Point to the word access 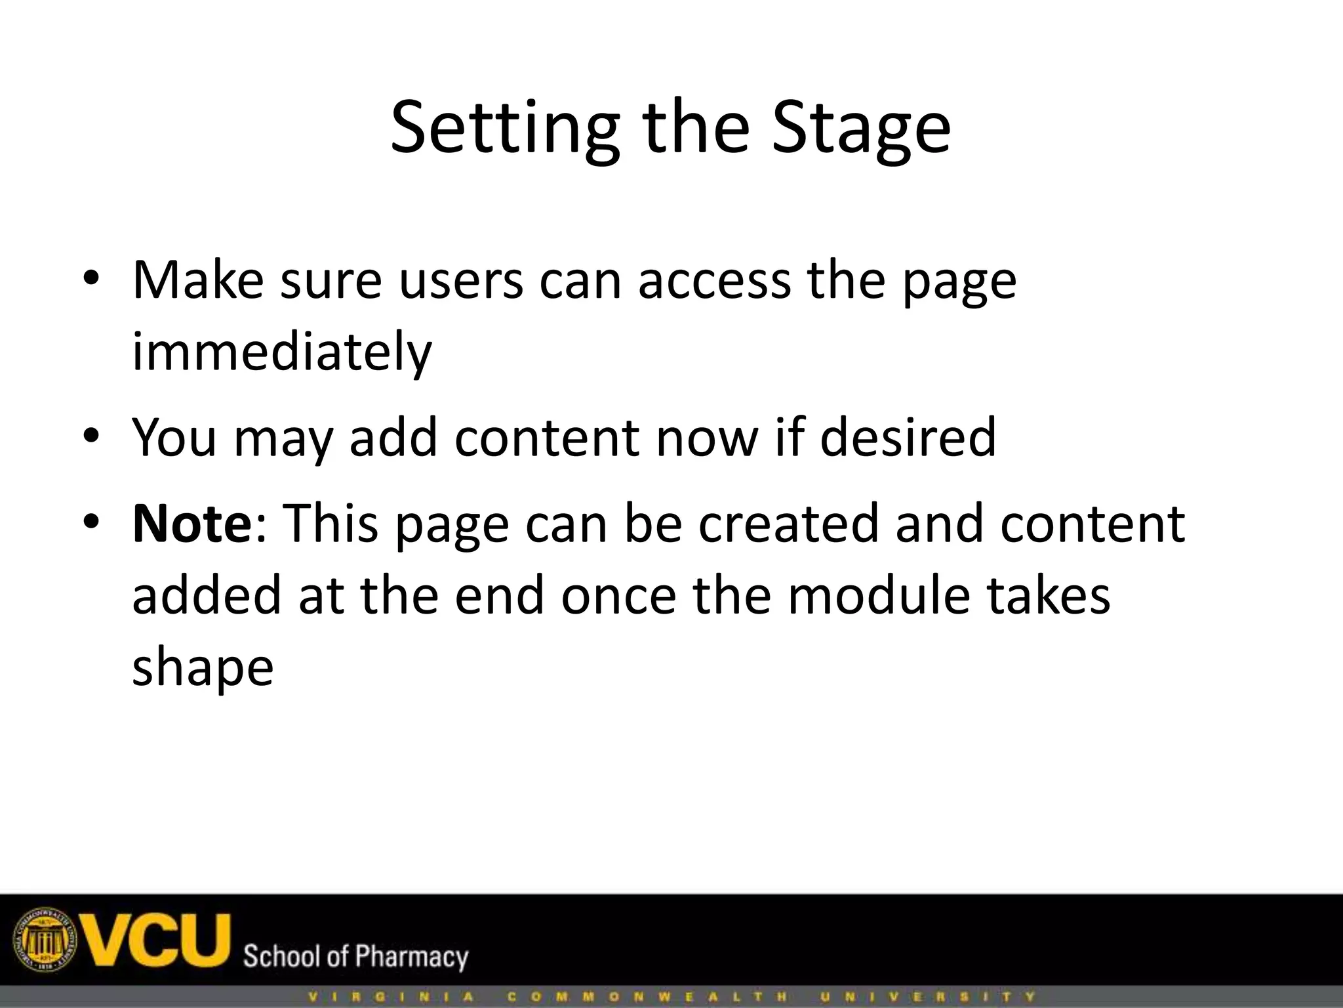pyautogui.click(x=714, y=281)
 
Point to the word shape pyautogui.click(x=203, y=668)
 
